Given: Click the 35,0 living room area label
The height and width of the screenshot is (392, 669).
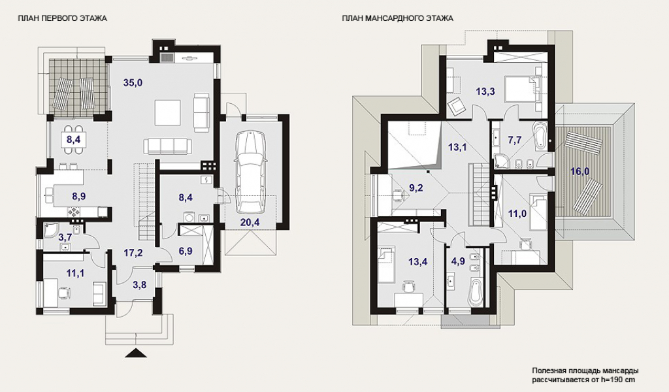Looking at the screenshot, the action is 133,83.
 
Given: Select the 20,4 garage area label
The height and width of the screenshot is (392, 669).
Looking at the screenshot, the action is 250,221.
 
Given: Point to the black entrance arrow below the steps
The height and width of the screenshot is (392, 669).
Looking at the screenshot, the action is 137,353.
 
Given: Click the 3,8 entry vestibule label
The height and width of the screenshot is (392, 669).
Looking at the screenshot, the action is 140,285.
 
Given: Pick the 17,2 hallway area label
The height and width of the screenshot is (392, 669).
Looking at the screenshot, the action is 133,253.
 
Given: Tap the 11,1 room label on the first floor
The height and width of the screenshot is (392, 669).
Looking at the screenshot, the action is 75,273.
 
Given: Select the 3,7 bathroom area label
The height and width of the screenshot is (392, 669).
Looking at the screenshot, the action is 65,237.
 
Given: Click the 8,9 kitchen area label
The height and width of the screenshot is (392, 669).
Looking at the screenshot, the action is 78,196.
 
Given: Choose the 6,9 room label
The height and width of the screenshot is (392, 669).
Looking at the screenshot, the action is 185,252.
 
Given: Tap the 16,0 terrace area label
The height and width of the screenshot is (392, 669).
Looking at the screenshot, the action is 580,171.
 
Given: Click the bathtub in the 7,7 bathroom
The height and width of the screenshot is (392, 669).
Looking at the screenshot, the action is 540,136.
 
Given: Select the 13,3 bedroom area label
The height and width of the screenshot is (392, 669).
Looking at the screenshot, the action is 485,91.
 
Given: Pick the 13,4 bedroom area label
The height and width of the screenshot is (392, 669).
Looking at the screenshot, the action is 417,262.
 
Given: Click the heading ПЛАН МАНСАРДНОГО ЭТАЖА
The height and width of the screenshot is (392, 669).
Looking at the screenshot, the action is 397,18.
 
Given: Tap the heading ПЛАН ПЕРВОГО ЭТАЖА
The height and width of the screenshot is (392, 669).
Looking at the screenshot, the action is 62,18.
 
